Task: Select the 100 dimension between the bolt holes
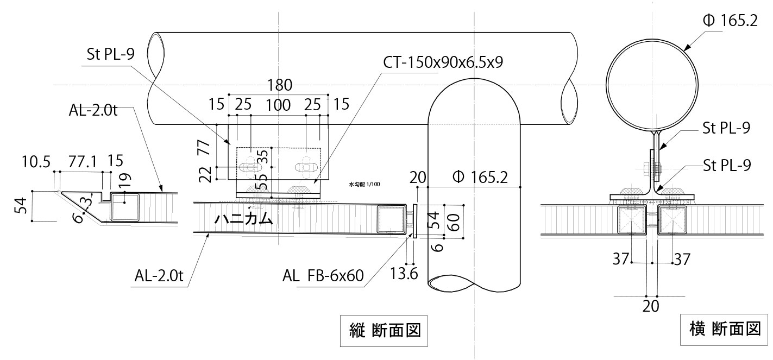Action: (x=279, y=105)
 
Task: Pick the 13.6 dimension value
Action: (x=404, y=274)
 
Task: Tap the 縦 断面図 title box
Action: (x=384, y=330)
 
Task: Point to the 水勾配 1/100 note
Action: (x=364, y=185)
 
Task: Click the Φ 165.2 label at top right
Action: (x=729, y=22)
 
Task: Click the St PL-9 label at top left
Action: (x=111, y=55)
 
